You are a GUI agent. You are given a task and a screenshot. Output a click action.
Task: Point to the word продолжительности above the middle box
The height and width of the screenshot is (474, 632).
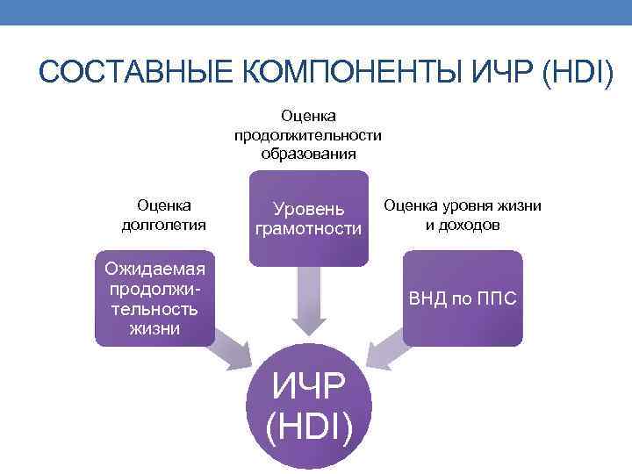click(308, 135)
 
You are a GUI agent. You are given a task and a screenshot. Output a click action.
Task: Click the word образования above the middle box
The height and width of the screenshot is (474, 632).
click(308, 154)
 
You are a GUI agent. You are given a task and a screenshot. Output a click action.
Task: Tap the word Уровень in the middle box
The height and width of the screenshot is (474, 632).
click(307, 210)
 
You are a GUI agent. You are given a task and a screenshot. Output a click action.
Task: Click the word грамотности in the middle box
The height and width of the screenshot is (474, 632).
click(307, 229)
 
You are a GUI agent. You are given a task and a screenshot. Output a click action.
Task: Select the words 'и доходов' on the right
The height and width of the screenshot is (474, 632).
click(463, 225)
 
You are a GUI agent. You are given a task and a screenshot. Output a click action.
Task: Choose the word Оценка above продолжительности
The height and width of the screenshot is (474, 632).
click(308, 116)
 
